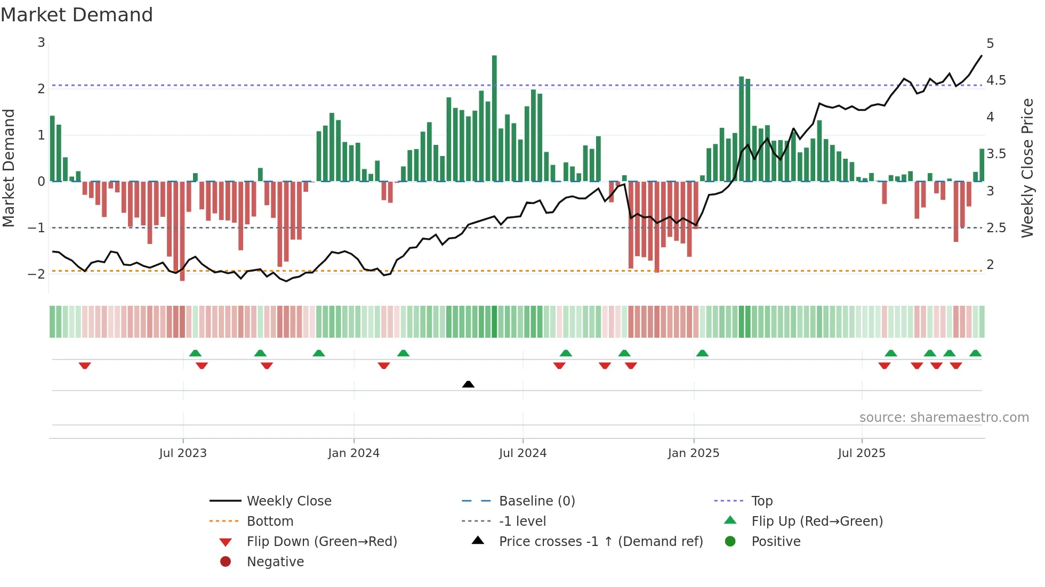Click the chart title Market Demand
coord(77,15)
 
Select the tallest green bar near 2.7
coord(494,117)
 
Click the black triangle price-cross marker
coord(468,384)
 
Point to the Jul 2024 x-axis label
coord(522,453)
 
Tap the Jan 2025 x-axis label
coord(693,453)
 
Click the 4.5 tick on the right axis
coord(996,80)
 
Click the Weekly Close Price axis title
coord(1027,168)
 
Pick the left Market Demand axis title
coord(9,168)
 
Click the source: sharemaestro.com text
coord(944,418)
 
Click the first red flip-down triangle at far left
coord(85,365)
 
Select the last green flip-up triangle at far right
coord(975,353)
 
